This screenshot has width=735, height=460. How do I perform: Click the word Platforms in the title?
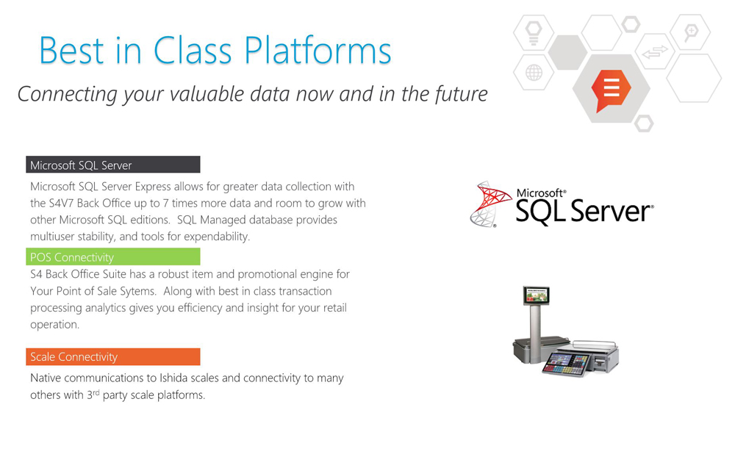(x=318, y=51)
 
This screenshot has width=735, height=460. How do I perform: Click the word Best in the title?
(x=71, y=50)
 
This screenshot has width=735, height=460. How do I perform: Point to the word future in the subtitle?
(x=462, y=93)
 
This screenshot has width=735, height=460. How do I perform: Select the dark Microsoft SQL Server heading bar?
(x=113, y=165)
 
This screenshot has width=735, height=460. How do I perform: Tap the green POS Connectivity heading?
(x=113, y=256)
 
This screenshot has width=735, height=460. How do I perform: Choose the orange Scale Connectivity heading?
(x=113, y=356)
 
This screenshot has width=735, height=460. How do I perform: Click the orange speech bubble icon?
(x=611, y=90)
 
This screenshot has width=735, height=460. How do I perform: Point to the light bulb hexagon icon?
(x=534, y=32)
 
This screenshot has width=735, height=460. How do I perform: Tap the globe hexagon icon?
(x=534, y=73)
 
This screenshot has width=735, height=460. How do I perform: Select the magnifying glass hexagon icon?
(x=690, y=32)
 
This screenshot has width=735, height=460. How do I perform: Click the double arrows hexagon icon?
(x=655, y=51)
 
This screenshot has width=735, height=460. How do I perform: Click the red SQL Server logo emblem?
(x=490, y=204)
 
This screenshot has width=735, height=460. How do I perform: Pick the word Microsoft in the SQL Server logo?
(x=541, y=193)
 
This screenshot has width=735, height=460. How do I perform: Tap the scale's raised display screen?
(x=537, y=295)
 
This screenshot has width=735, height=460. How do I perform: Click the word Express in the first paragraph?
(x=153, y=187)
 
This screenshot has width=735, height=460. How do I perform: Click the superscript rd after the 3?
(x=96, y=392)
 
